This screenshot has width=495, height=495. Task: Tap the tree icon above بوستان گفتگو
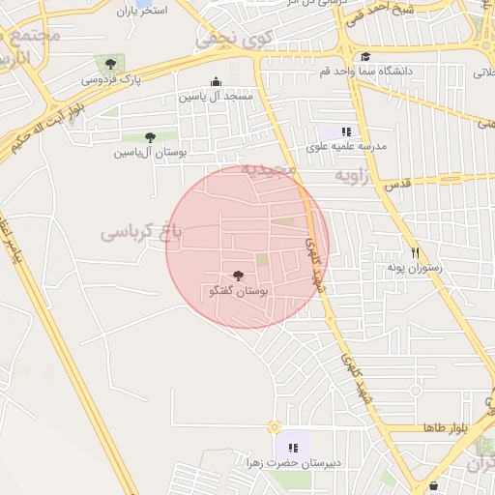(239, 277)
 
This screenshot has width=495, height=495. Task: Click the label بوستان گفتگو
(239, 290)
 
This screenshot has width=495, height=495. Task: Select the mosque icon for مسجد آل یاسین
(215, 83)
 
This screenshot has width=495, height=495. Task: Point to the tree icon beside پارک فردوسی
(113, 64)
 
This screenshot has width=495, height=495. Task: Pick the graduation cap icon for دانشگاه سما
(364, 57)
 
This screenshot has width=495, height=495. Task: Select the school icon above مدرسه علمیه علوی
(345, 131)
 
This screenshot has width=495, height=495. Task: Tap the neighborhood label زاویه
(354, 177)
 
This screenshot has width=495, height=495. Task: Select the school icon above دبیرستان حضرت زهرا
(292, 448)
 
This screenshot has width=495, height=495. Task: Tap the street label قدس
(398, 184)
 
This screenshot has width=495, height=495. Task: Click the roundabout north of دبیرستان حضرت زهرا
(275, 426)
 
